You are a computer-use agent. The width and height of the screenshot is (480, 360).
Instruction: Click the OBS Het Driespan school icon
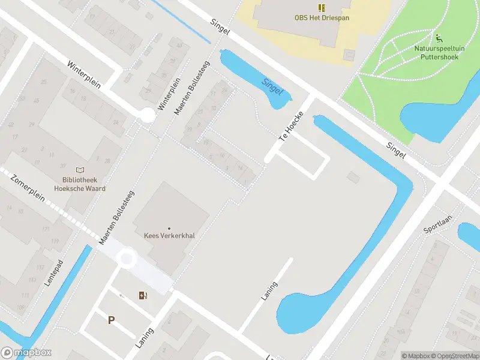(x=321, y=8)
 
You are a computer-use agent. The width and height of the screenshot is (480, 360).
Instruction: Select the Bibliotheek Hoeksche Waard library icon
(x=80, y=170)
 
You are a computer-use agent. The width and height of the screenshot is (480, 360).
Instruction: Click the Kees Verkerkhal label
(x=169, y=235)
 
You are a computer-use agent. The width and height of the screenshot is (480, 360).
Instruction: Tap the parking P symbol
(x=111, y=320)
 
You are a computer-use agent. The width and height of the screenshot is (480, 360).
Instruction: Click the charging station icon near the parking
(x=143, y=295)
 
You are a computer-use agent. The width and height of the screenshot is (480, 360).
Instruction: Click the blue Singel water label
(x=272, y=87)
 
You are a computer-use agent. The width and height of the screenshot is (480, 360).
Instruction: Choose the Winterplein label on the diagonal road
(x=82, y=73)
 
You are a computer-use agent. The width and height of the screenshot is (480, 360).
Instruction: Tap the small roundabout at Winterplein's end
(x=146, y=115)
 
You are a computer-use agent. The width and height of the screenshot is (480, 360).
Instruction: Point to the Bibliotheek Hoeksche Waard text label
(x=83, y=184)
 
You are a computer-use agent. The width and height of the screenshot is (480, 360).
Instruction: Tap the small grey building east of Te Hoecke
(x=353, y=177)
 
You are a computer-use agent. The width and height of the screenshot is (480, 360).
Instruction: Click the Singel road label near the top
(x=220, y=29)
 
